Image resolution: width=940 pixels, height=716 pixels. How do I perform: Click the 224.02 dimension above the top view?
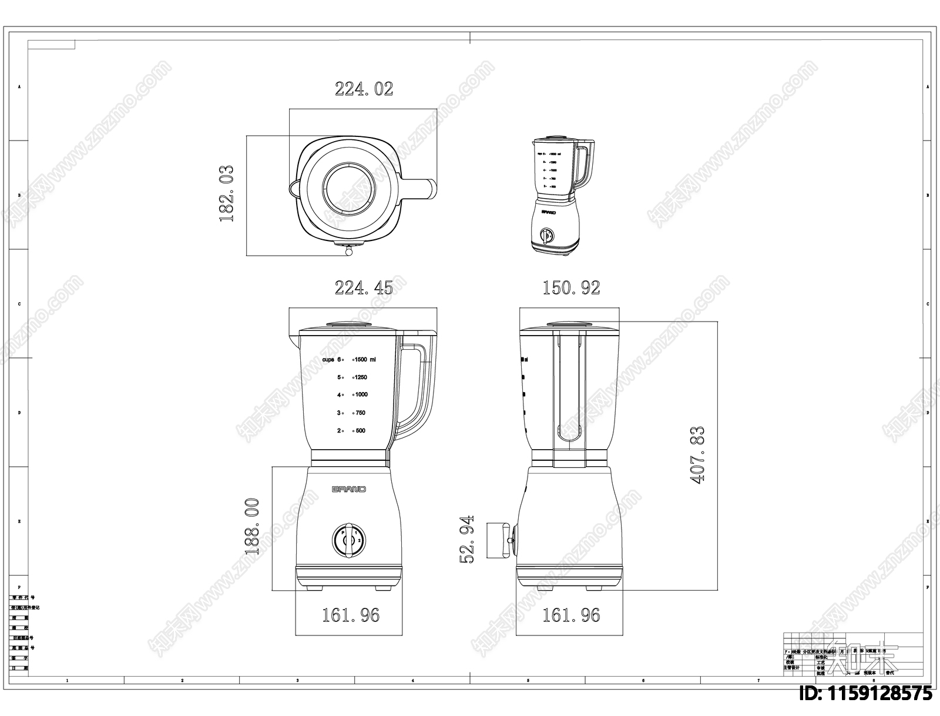tap(364, 89)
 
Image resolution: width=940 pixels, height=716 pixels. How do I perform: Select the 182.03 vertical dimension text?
tap(227, 193)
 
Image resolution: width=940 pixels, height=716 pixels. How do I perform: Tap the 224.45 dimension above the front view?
tap(364, 288)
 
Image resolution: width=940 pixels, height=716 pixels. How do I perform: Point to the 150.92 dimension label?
tap(571, 288)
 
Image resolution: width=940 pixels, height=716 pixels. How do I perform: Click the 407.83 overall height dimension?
tap(697, 455)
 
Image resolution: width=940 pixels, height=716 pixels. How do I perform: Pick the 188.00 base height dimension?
tap(251, 526)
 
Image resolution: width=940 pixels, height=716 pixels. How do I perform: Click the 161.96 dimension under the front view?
tap(350, 615)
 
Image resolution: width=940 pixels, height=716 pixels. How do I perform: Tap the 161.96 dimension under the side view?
tap(571, 615)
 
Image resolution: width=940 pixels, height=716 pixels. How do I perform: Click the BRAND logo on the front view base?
tap(349, 489)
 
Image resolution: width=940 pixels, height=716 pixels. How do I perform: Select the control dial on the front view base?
tap(349, 539)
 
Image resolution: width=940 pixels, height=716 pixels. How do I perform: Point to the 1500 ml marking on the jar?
tap(365, 359)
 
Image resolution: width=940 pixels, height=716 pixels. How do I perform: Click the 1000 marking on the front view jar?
tap(361, 394)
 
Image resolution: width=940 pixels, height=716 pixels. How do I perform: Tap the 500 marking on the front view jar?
tap(360, 430)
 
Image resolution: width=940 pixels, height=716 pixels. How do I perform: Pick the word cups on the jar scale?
tap(328, 359)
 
